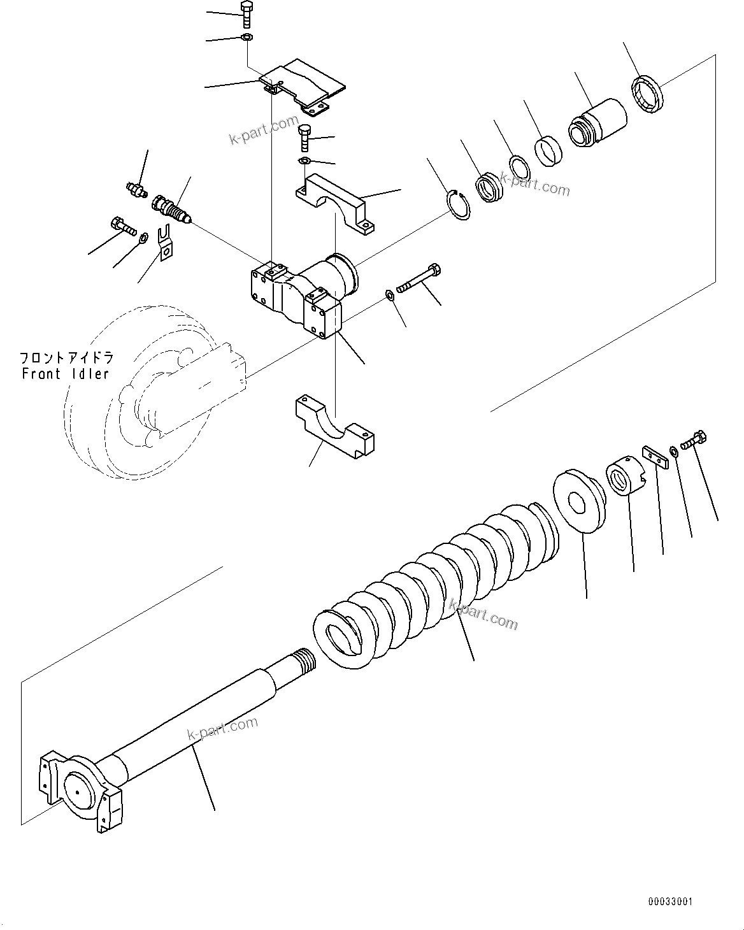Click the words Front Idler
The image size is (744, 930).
point(66,373)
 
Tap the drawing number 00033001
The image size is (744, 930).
point(669,901)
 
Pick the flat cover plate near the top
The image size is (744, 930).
point(304,83)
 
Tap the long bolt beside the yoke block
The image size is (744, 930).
point(418,280)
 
